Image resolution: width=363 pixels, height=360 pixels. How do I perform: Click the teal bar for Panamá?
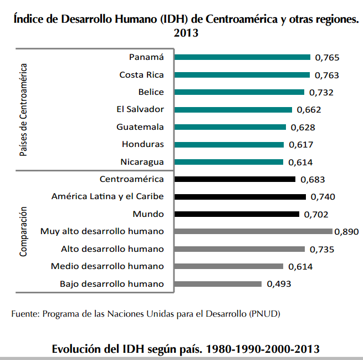(x=242, y=57)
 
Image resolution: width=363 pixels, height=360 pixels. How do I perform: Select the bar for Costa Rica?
(x=242, y=75)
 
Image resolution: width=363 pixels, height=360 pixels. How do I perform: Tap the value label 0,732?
(x=322, y=93)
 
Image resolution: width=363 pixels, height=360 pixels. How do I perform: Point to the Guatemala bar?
(x=230, y=127)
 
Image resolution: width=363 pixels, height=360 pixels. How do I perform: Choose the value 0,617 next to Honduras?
(x=301, y=145)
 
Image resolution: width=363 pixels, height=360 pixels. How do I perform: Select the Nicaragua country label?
(x=142, y=162)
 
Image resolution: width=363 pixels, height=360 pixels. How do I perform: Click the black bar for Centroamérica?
(x=234, y=179)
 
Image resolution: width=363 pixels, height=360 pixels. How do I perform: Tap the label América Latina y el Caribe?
(x=108, y=196)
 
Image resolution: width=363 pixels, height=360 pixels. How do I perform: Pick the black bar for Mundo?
(x=237, y=214)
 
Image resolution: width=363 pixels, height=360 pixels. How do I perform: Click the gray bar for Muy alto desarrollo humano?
(x=253, y=231)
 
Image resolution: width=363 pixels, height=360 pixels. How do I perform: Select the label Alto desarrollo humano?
(x=113, y=249)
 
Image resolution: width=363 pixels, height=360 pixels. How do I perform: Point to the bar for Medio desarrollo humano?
(x=228, y=266)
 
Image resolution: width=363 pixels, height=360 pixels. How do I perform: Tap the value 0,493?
(x=279, y=284)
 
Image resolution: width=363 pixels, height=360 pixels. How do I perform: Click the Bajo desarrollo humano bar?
(x=217, y=284)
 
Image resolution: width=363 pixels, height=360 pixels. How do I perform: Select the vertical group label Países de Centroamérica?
(x=24, y=109)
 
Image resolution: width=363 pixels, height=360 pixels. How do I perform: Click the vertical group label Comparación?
(x=24, y=231)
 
